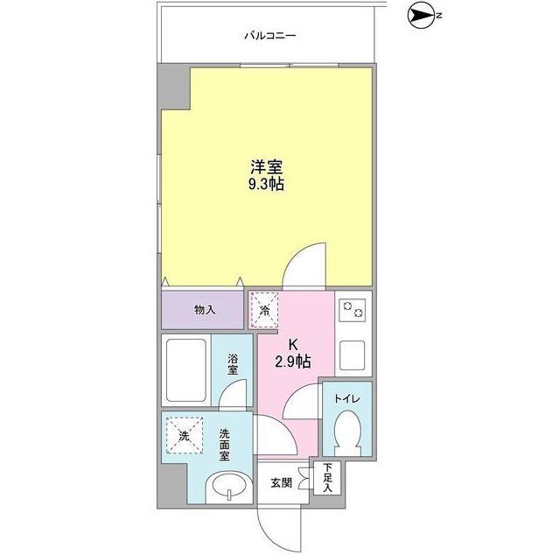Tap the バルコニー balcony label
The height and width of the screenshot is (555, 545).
270,36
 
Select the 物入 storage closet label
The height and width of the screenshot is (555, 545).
204,309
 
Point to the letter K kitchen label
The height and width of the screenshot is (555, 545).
294,343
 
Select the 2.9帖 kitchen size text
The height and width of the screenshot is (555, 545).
294,360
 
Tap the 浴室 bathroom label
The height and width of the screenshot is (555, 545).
234,363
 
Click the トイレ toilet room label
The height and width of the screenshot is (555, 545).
346,400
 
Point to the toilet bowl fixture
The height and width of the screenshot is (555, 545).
347,433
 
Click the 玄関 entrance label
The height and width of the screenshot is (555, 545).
280,482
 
